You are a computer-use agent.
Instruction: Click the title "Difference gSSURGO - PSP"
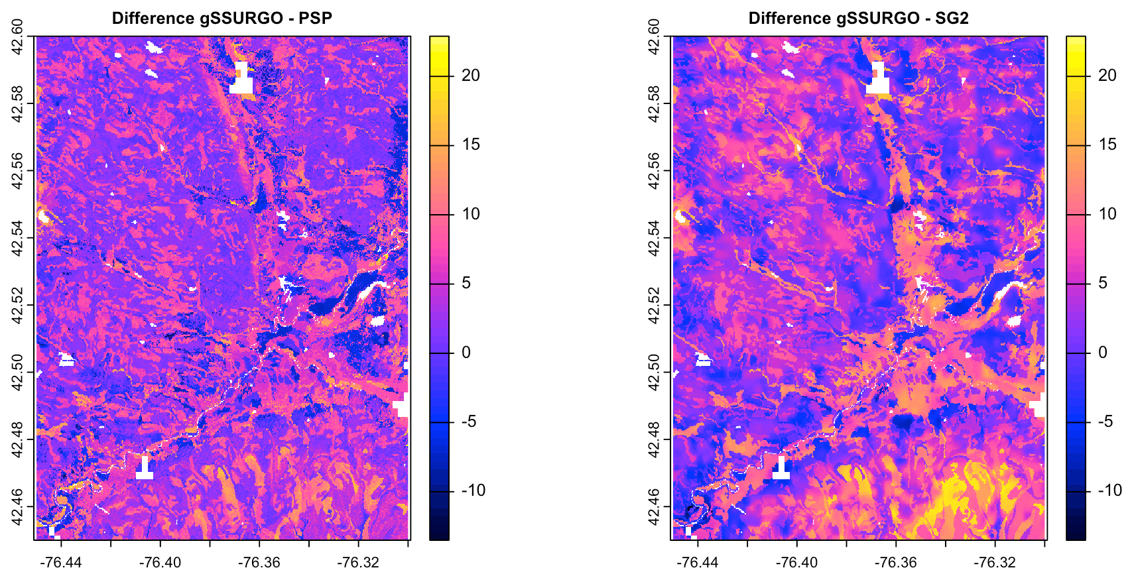[221, 18]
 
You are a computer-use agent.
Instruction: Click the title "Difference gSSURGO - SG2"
[858, 18]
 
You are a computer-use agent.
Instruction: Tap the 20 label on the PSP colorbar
[470, 76]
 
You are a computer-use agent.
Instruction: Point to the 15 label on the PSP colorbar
[470, 145]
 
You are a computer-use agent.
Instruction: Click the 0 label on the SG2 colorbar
[1103, 353]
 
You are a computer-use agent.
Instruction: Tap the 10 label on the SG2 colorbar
[1107, 214]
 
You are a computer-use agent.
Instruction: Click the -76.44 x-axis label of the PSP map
[61, 563]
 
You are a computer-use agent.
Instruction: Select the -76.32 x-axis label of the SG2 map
[995, 563]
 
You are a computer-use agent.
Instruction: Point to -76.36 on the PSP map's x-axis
[259, 563]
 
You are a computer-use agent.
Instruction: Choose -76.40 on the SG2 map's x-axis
[797, 563]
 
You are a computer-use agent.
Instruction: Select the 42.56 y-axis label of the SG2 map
[655, 171]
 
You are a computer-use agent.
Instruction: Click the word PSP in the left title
[315, 18]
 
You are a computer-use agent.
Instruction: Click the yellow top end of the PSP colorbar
[439, 41]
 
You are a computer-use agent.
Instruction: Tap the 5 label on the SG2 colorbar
[1103, 283]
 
